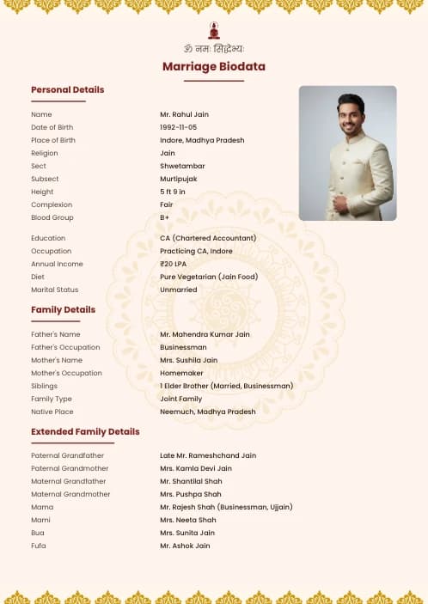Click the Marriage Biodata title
tap(214, 66)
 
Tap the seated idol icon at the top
tap(214, 30)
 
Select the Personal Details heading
tap(67, 89)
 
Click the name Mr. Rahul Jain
tap(184, 114)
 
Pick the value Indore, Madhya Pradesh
tap(202, 140)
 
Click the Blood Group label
tap(52, 217)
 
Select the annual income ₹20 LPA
tap(175, 264)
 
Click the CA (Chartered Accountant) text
tap(208, 238)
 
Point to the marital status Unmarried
tap(179, 290)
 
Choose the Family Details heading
tap(63, 309)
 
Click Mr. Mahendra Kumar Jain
tap(205, 334)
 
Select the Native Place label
tap(52, 412)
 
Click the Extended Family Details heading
tap(85, 431)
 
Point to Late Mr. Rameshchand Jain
tap(208, 455)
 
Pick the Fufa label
tap(39, 546)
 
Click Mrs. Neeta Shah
tap(188, 520)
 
